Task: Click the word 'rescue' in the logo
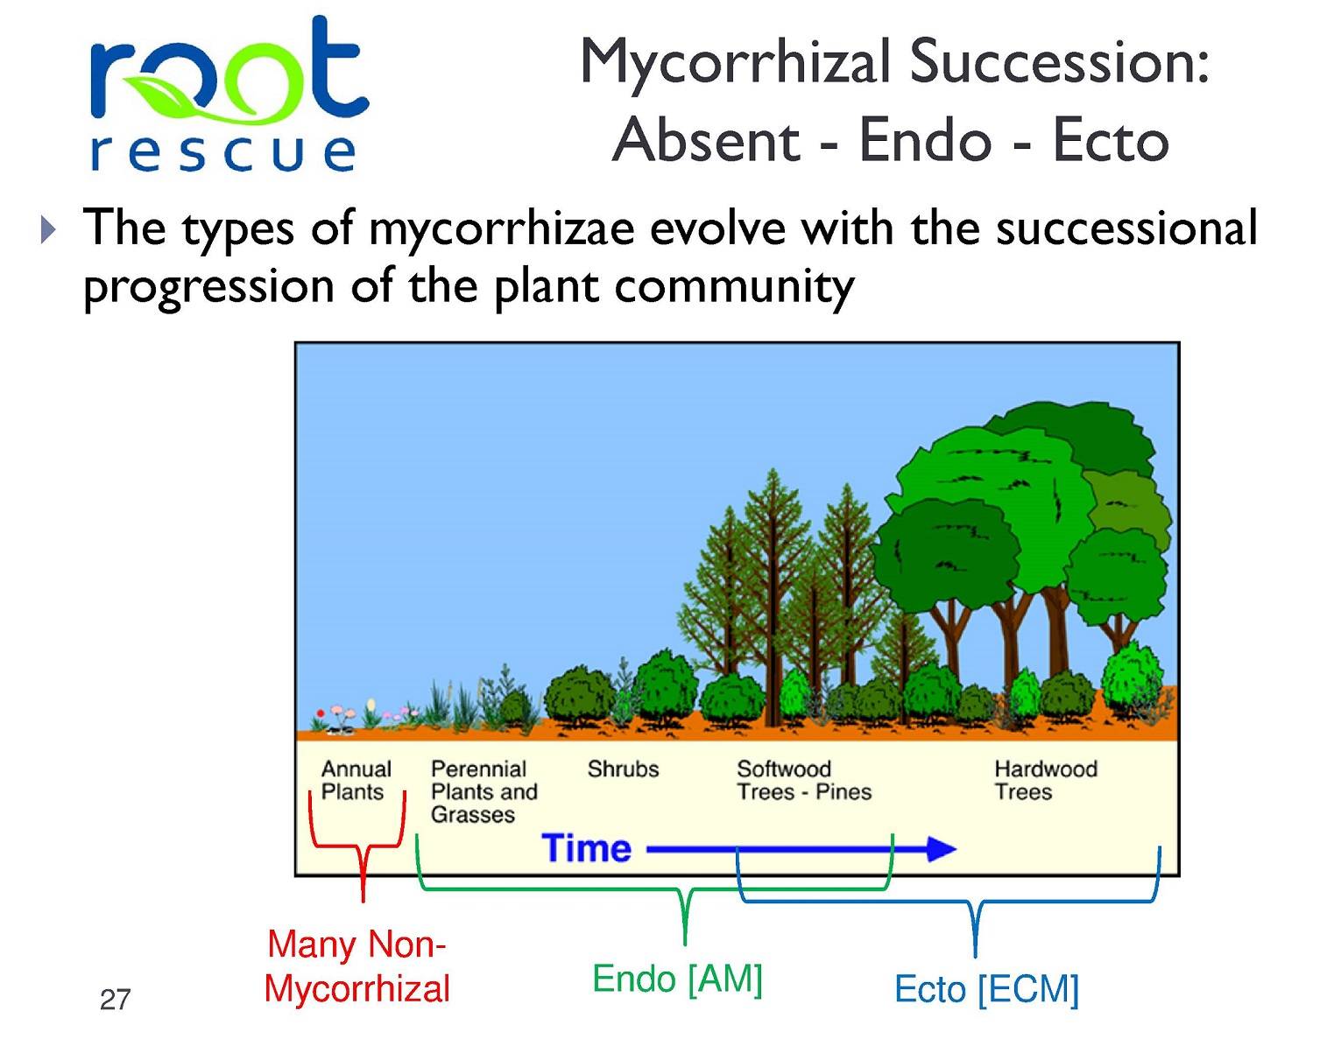pos(222,152)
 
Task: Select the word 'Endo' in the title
pos(925,141)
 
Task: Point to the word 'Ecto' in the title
pos(1112,141)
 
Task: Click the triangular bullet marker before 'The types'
pos(48,230)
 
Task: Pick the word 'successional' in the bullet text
pos(1126,228)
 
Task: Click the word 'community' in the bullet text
pos(734,287)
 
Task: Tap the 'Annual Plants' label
pos(356,781)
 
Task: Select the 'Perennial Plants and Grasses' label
pos(483,791)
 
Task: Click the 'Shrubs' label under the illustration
pos(623,769)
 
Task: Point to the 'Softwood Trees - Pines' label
pos(804,781)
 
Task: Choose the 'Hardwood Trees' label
pos(1046,781)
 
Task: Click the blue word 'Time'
pos(586,848)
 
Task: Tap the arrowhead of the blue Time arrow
pos(941,849)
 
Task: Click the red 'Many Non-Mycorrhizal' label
pos(356,966)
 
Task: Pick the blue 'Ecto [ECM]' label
pos(986,990)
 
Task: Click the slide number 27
pos(115,1000)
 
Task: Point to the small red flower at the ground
pos(320,713)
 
